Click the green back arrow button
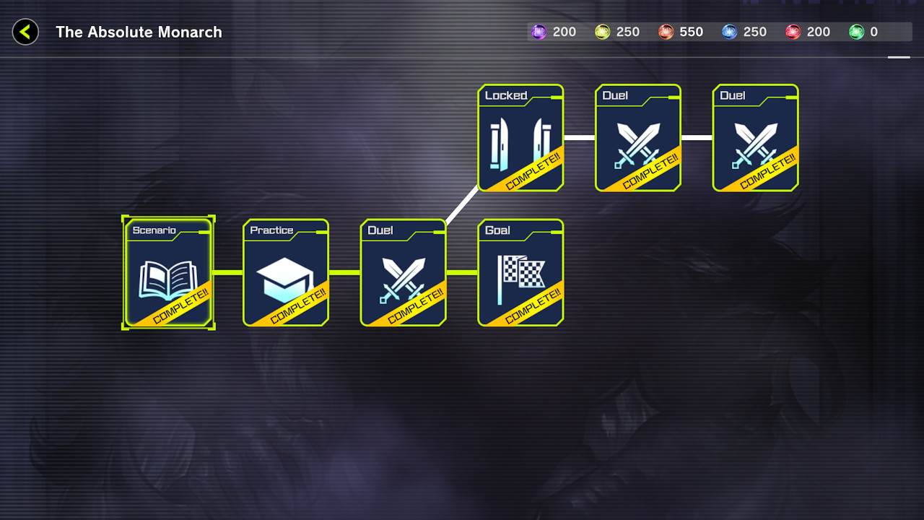(25, 32)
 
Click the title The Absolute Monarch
(139, 32)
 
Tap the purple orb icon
(539, 32)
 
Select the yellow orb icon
(602, 32)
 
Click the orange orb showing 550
(666, 32)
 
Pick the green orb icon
(856, 32)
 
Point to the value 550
(691, 32)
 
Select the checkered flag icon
(520, 278)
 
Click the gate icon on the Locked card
(520, 144)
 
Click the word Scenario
(154, 230)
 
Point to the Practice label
(271, 230)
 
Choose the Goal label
(497, 230)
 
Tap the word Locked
(505, 95)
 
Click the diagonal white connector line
(462, 205)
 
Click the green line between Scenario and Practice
(228, 272)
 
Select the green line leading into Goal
(462, 272)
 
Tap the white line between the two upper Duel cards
(697, 137)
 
